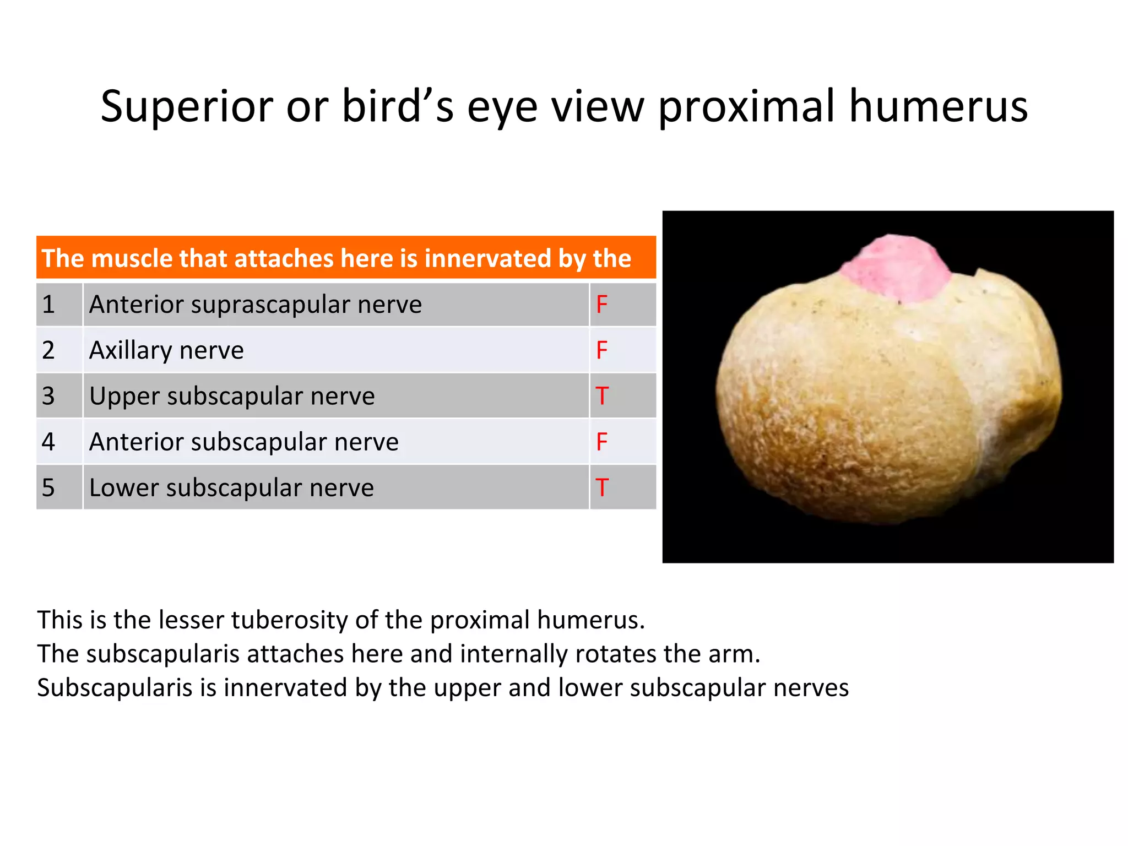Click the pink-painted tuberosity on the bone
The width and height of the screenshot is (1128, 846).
[896, 268]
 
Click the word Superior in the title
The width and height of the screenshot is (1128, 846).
[187, 106]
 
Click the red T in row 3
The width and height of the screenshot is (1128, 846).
[602, 396]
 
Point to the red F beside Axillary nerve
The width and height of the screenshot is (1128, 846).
[602, 350]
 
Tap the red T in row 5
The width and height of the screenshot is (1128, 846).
[602, 487]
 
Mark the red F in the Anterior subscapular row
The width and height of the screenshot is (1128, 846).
[602, 442]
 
